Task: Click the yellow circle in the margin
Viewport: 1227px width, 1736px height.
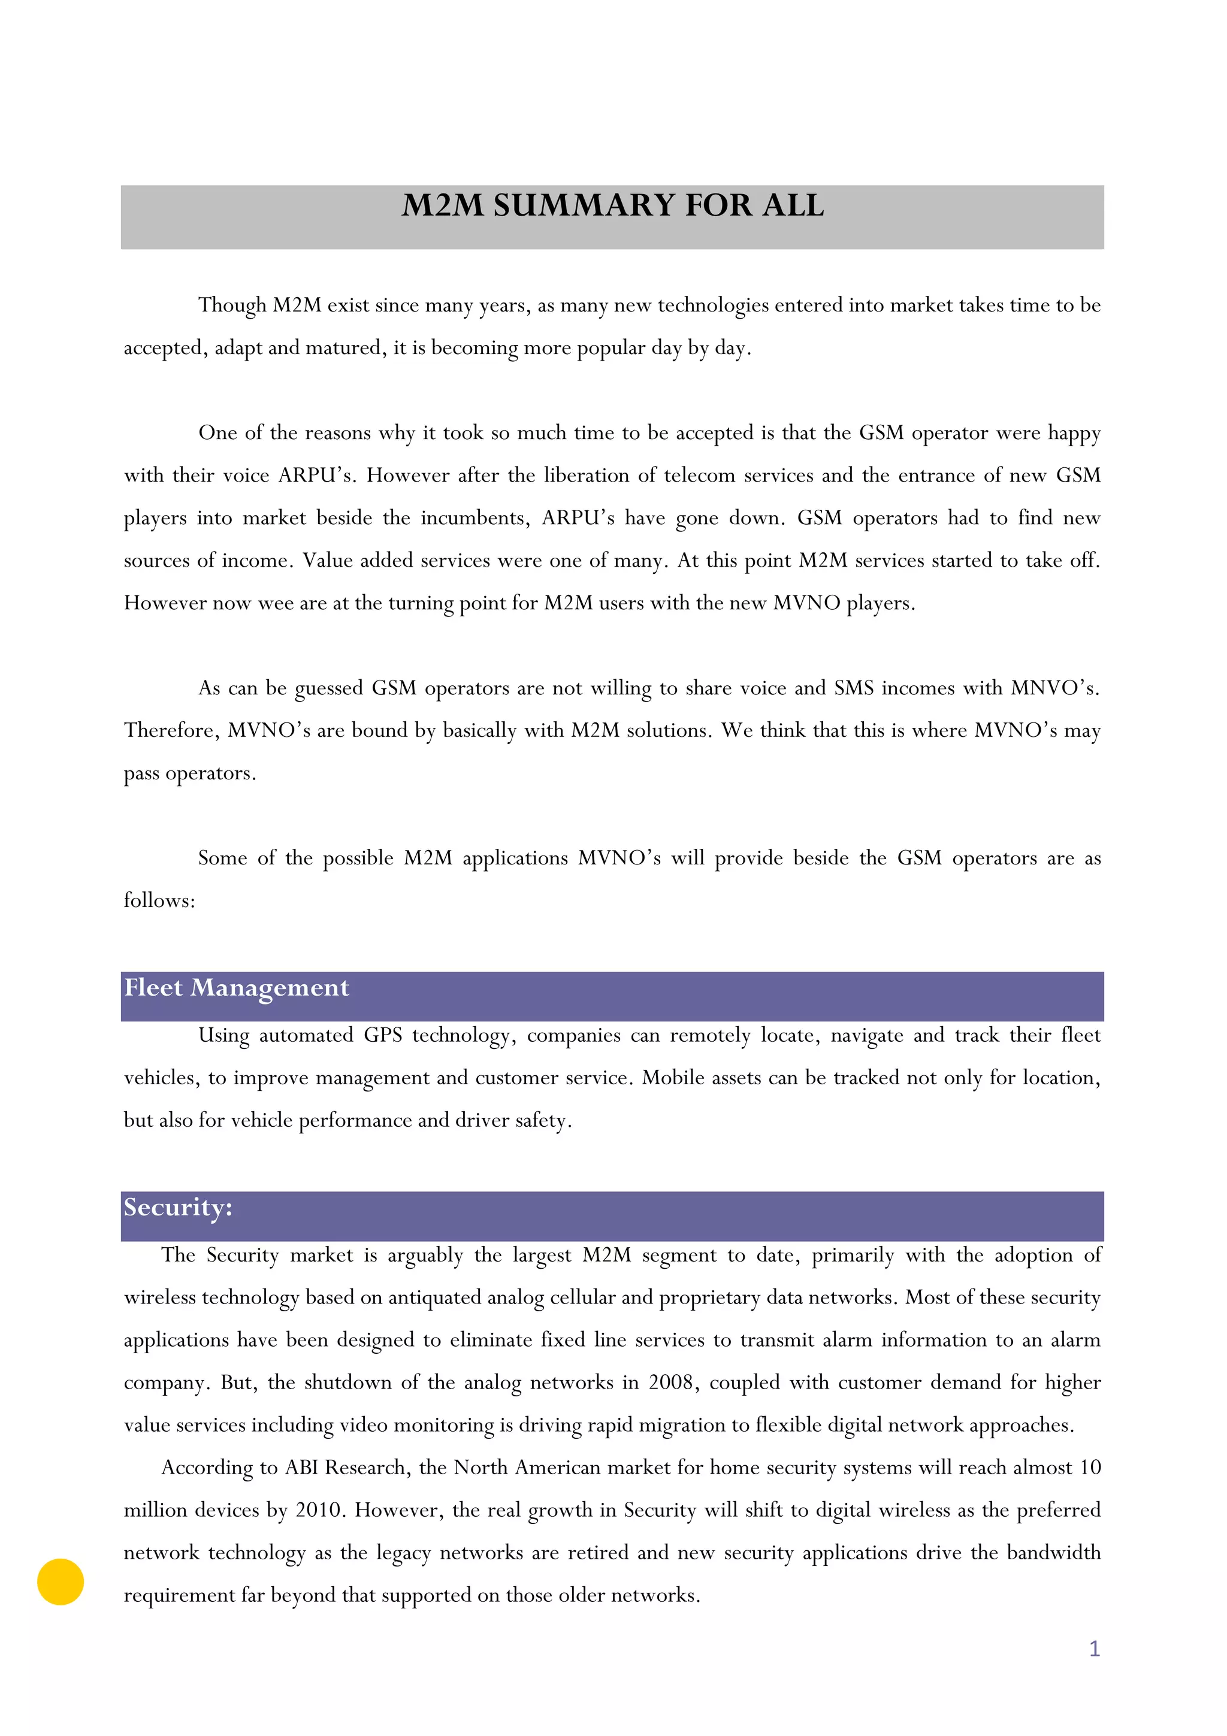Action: point(61,1582)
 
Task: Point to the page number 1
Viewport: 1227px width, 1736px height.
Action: point(1094,1649)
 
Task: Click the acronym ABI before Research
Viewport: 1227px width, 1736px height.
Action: point(301,1468)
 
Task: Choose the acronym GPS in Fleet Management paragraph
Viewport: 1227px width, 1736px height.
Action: point(383,1035)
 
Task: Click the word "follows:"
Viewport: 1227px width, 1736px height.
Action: point(159,900)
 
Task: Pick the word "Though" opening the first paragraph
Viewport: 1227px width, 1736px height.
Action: point(232,306)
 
